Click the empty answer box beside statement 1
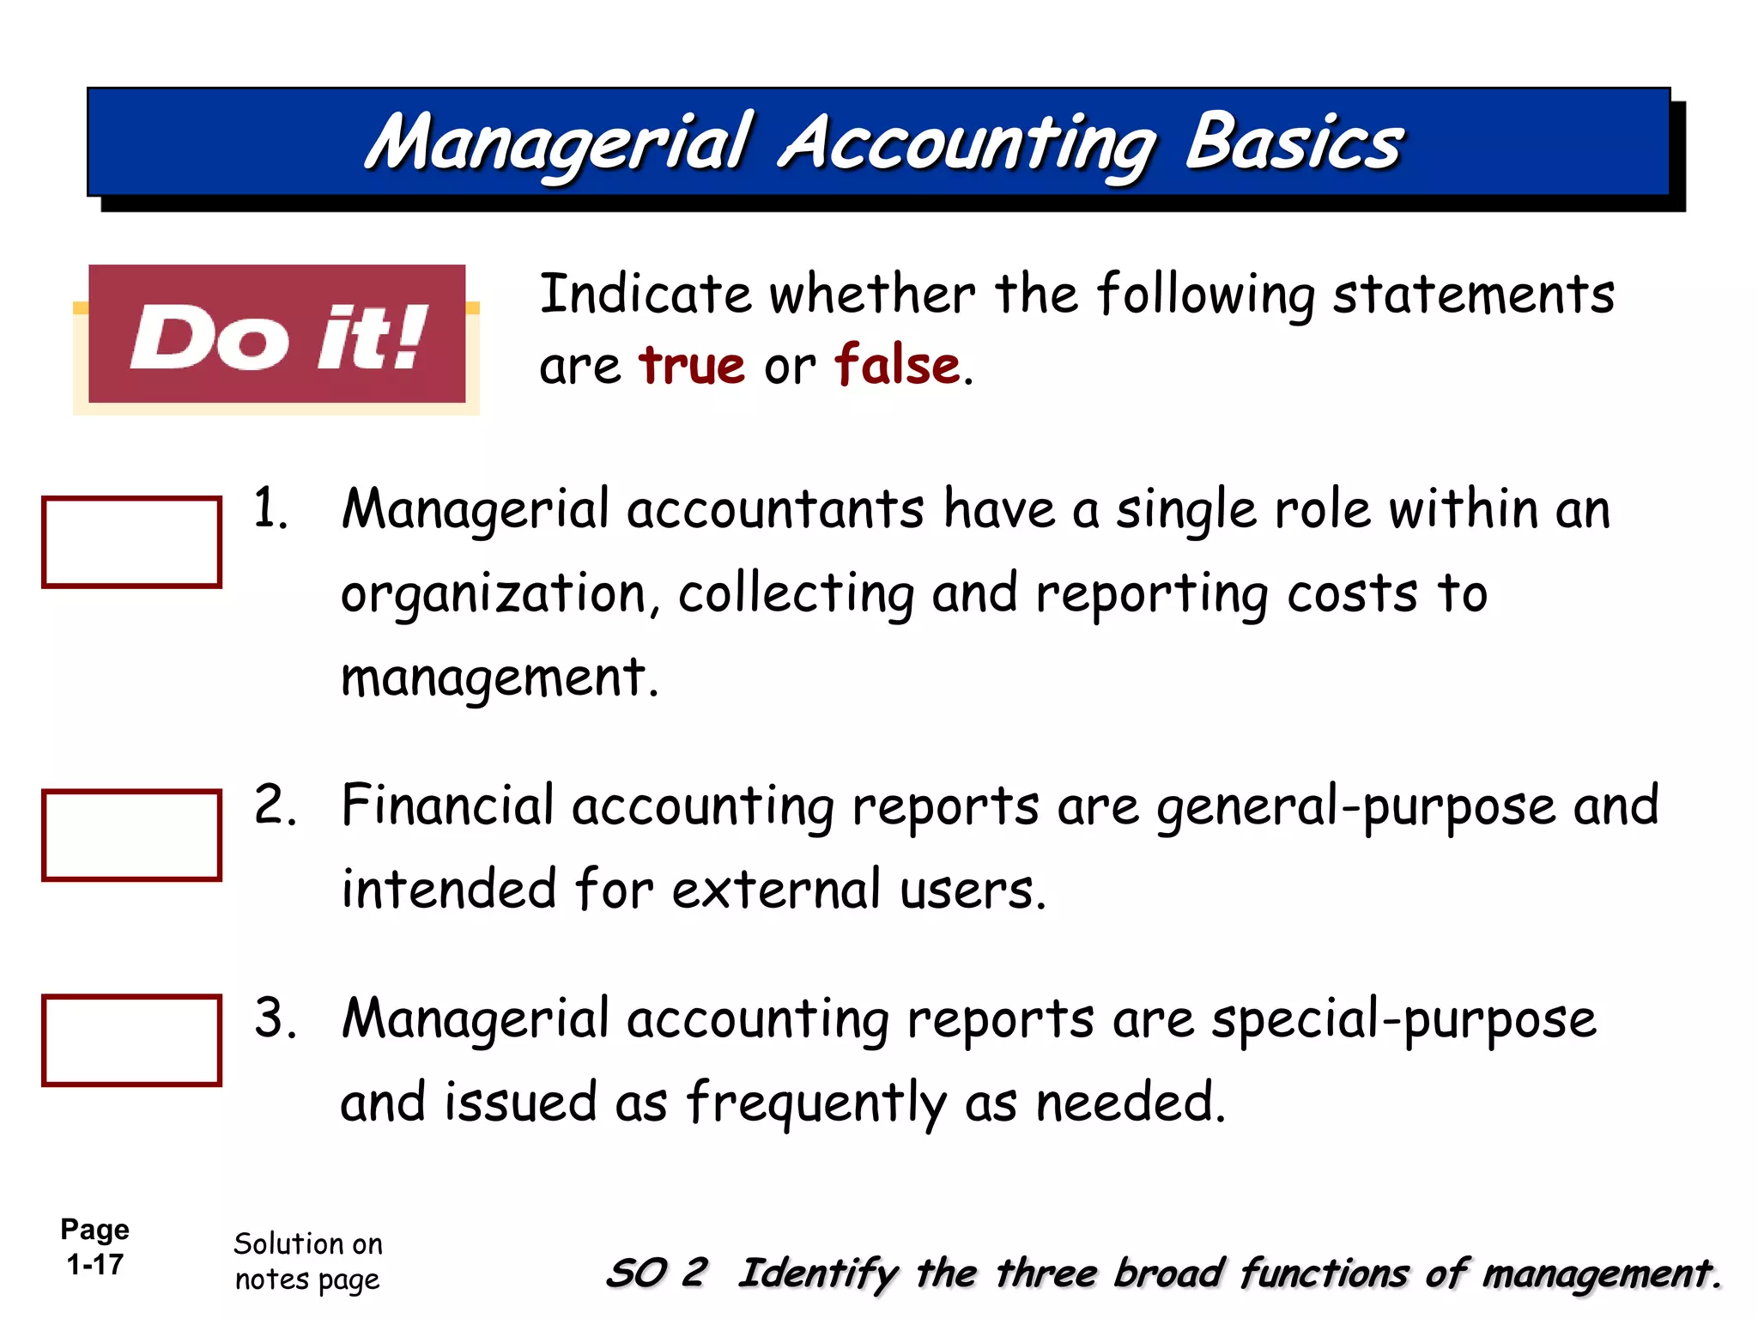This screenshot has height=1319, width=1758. [x=131, y=542]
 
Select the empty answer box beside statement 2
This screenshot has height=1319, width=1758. [x=131, y=835]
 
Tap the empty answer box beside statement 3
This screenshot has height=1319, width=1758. [x=131, y=1040]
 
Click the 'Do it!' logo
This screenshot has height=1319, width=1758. [x=277, y=335]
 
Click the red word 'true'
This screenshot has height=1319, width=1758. [x=692, y=365]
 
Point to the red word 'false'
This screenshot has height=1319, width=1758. [x=897, y=365]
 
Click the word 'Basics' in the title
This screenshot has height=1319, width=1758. [x=1294, y=143]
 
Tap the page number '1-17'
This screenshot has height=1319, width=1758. [x=95, y=1265]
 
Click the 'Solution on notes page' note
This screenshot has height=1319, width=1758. [x=308, y=1261]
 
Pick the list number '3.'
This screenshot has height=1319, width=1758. [x=275, y=1019]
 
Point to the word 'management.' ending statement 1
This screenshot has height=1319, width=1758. [x=500, y=678]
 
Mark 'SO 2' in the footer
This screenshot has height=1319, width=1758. [x=657, y=1273]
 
